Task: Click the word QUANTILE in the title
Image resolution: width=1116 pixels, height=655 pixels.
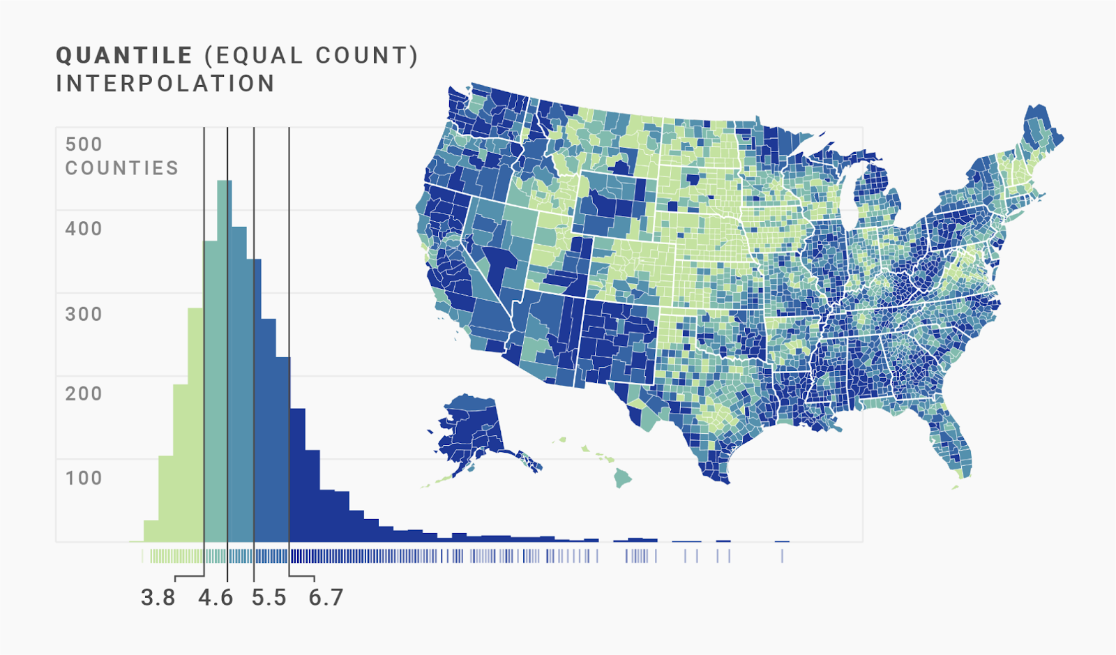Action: [x=124, y=56]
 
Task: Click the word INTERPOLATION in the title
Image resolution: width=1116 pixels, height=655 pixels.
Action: [x=165, y=84]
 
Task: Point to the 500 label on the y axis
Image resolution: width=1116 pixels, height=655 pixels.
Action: [x=84, y=144]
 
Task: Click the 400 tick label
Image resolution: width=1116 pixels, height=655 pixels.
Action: [x=84, y=229]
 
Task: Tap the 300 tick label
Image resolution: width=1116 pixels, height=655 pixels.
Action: [x=84, y=314]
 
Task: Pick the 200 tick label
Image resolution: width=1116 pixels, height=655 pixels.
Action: [x=84, y=393]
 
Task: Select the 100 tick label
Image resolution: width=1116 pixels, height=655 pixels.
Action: [x=84, y=478]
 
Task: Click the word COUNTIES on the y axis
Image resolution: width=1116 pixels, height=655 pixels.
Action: [x=122, y=168]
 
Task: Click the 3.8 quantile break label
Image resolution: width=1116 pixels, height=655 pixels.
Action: [x=158, y=598]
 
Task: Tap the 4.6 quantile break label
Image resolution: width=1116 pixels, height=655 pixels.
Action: [x=216, y=598]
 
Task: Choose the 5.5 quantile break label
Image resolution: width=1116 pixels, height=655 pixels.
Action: [x=269, y=598]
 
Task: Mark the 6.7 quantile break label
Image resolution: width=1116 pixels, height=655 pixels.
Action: [x=326, y=598]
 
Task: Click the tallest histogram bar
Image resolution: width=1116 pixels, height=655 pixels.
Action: [x=224, y=349]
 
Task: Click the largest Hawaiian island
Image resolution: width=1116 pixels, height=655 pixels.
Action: [x=623, y=478]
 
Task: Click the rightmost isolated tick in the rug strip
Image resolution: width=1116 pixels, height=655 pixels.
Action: [x=782, y=556]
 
